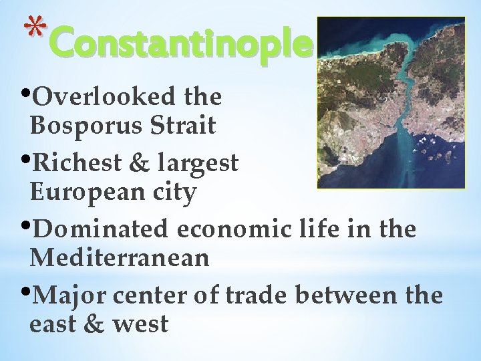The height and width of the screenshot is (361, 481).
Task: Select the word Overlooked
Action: [106, 98]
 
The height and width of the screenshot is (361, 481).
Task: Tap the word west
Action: [139, 324]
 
